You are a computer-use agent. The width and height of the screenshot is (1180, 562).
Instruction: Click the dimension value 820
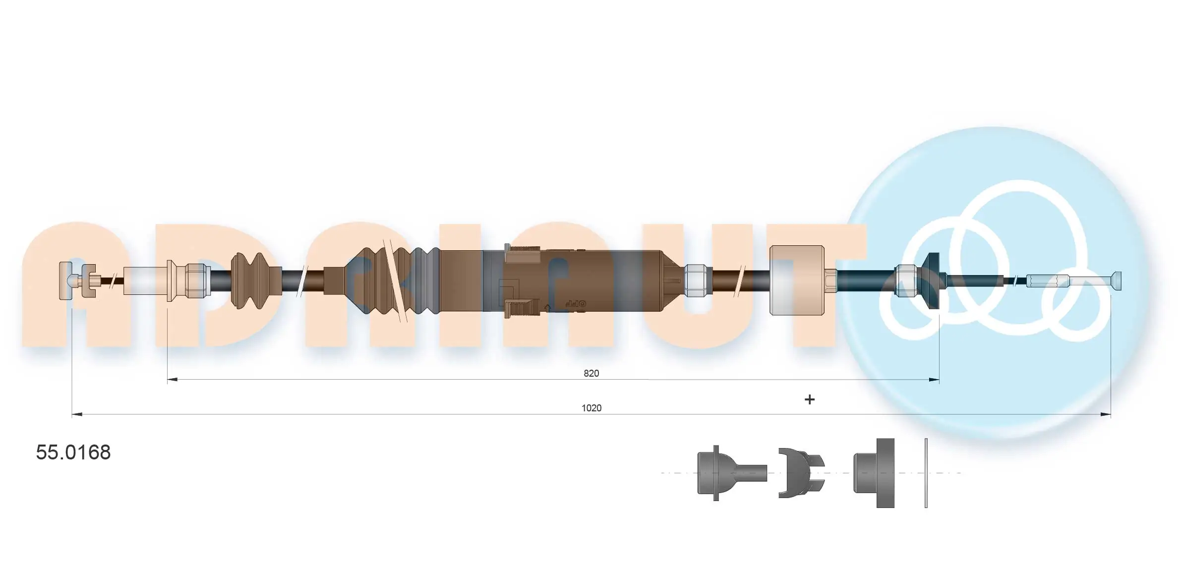click(591, 373)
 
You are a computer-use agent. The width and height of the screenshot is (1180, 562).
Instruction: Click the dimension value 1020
click(591, 408)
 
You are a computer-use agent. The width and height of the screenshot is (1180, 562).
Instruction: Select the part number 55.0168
click(73, 452)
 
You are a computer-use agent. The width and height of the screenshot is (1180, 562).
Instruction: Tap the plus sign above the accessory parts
click(809, 399)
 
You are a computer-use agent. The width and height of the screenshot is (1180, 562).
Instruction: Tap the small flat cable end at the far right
click(1117, 281)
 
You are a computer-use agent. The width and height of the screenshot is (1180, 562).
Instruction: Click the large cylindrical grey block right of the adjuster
click(796, 281)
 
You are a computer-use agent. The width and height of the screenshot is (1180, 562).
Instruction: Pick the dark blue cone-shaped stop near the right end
click(931, 281)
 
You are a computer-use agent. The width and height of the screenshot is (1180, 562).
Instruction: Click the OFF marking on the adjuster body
click(575, 303)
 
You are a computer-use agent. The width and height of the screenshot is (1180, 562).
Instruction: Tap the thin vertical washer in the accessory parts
click(926, 473)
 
